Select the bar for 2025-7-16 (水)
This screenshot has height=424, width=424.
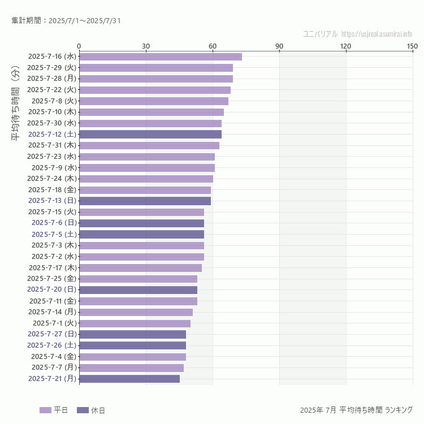[160, 57]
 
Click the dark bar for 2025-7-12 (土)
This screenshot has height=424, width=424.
[150, 134]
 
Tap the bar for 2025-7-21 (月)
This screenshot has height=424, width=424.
[129, 379]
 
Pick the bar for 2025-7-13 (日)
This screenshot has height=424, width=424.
[145, 201]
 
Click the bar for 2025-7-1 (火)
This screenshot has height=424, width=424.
[135, 323]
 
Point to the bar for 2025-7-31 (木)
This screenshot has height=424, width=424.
[149, 145]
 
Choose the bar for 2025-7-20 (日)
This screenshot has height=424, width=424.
[138, 290]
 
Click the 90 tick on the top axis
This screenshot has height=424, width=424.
[279, 46]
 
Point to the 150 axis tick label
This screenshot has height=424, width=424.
[412, 46]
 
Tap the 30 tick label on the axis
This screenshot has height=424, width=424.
[146, 46]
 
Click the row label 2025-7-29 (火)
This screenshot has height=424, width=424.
[51, 67]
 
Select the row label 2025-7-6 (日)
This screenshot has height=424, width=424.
[53, 223]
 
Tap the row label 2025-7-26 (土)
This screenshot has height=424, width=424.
[51, 345]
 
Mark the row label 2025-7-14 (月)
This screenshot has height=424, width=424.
[52, 311]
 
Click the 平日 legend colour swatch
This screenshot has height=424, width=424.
[45, 410]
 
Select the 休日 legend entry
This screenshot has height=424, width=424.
[90, 410]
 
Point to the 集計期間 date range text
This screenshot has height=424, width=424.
[66, 21]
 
